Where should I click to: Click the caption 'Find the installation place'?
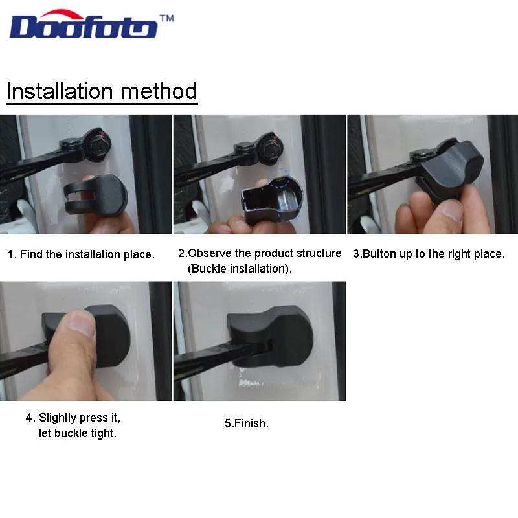[81, 254]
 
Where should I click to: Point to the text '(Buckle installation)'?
[240, 268]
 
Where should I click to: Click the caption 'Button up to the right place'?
[428, 254]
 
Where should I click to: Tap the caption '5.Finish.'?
[247, 423]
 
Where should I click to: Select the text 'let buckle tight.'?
[78, 433]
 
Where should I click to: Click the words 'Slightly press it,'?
[80, 417]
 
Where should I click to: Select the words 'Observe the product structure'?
[265, 253]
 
